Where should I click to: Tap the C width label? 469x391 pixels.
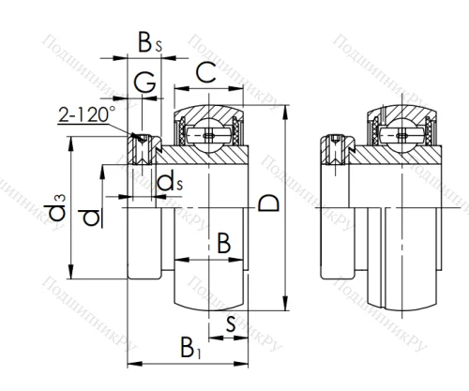(208, 69)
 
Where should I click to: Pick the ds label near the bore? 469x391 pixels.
(170, 181)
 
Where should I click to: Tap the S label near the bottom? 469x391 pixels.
(231, 323)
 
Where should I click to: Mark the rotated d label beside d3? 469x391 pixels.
(91, 217)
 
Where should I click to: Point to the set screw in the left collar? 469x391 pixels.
(144, 144)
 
